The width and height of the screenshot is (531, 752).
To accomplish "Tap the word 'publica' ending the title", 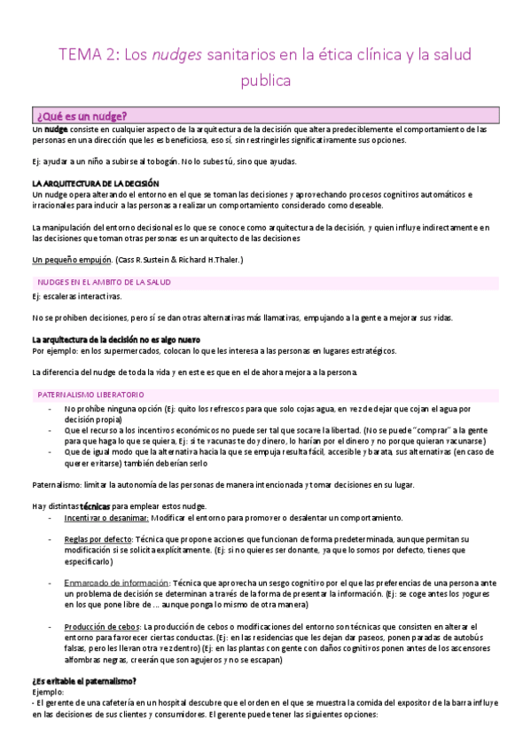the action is [266, 82].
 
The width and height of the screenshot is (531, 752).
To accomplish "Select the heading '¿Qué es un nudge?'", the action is [82, 116].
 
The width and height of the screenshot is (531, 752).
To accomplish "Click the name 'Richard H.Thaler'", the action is [211, 260].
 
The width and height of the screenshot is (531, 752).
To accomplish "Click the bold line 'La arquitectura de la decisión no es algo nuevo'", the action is [115, 340].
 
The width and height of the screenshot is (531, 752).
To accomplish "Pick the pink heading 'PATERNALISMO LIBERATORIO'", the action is [90, 393].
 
